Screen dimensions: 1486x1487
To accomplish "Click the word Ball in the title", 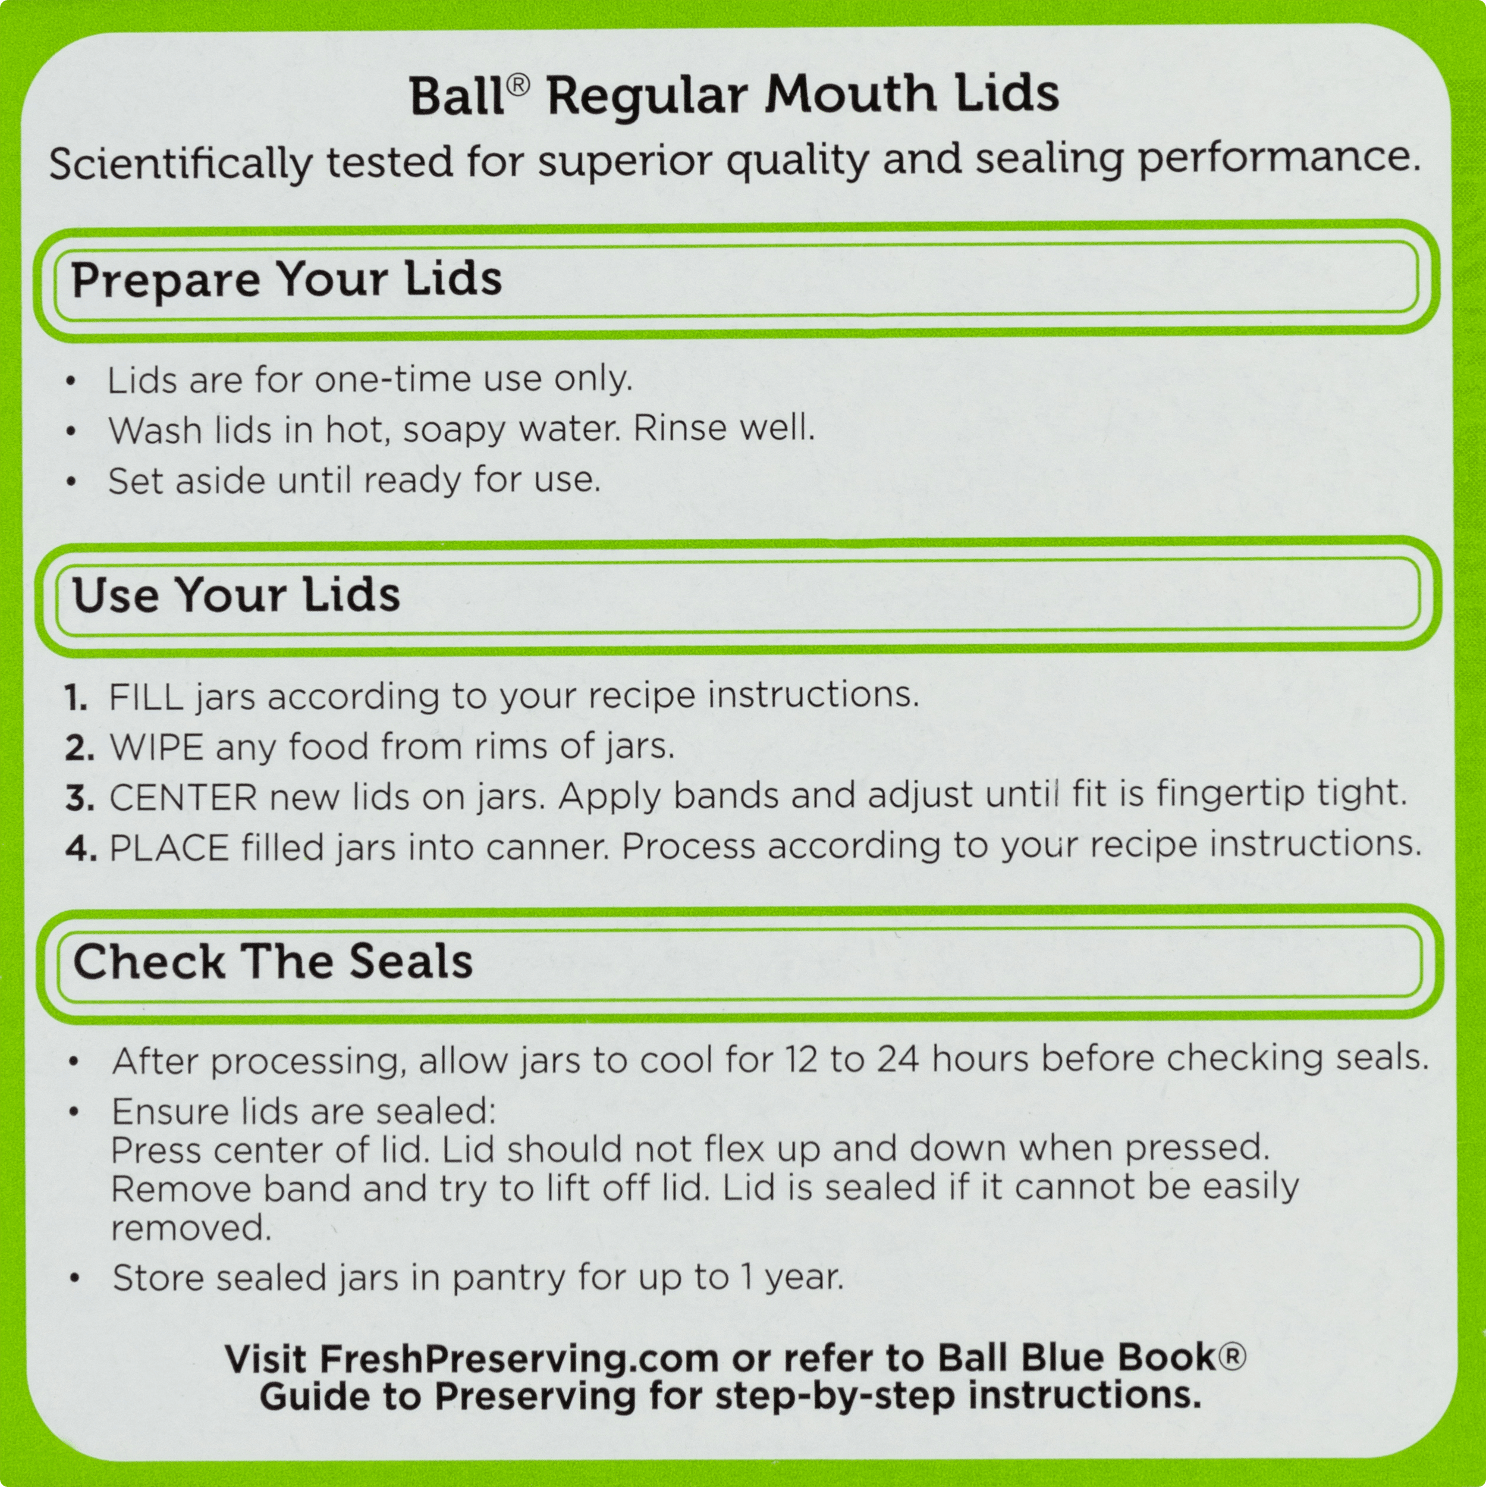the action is tap(457, 96).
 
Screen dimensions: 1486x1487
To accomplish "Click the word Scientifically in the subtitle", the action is tap(181, 163).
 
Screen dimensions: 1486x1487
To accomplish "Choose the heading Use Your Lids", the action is tap(236, 595).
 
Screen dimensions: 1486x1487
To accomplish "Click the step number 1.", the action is tap(76, 697).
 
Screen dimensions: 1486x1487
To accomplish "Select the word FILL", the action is tap(146, 697).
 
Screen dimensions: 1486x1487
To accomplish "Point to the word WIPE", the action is tap(156, 747).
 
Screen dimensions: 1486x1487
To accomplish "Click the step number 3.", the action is tap(79, 798).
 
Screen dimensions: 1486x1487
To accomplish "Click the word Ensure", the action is tap(170, 1112).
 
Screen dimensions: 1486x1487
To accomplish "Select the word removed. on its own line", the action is tap(191, 1228).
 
